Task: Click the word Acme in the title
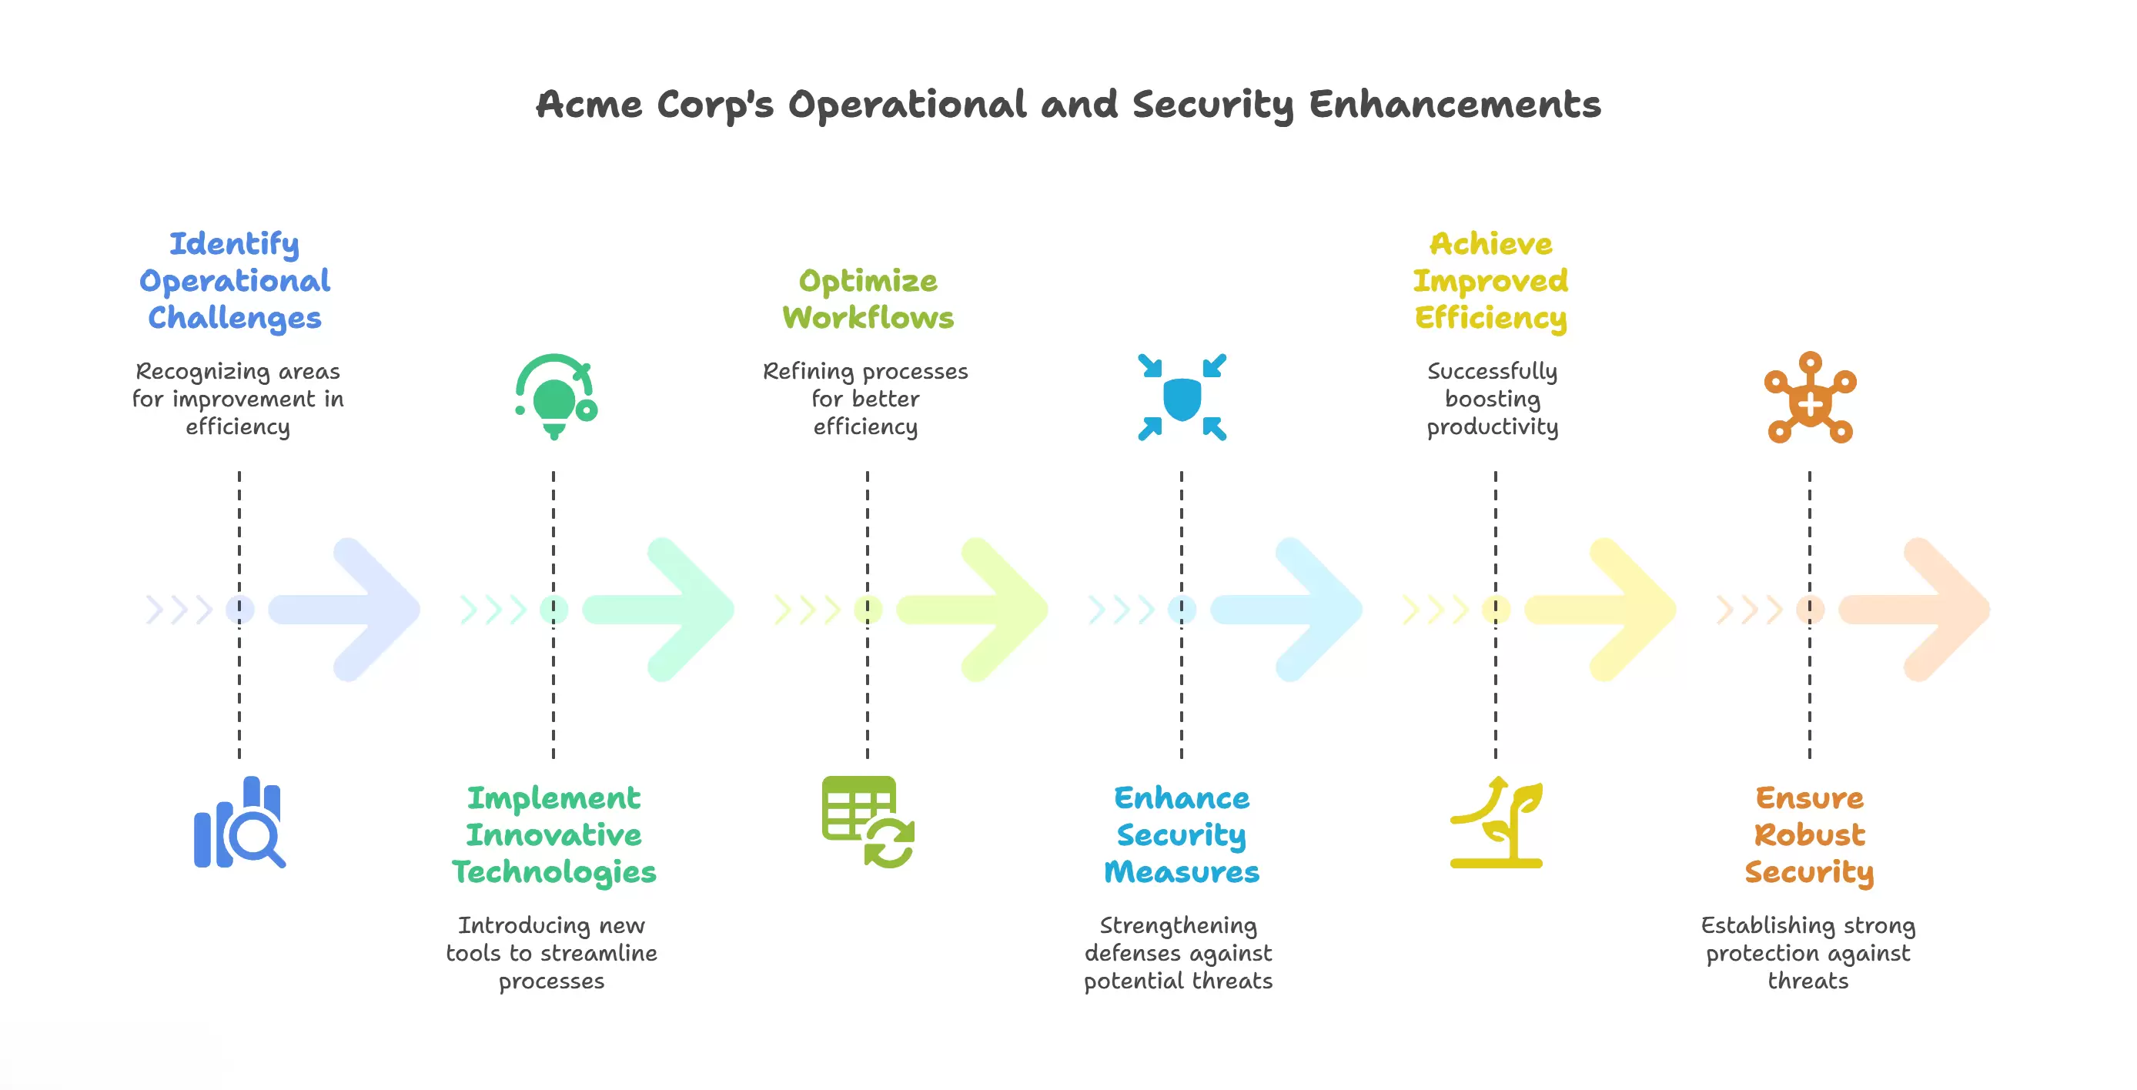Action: coord(589,105)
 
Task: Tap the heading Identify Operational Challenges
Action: coord(235,280)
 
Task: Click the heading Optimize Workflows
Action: coord(868,299)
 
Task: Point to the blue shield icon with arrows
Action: coord(1182,397)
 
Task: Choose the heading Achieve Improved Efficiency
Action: coord(1491,280)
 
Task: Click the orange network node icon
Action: coord(1809,398)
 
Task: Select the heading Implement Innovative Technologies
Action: coord(553,834)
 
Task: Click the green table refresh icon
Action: coord(868,822)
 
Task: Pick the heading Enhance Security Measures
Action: coord(1182,834)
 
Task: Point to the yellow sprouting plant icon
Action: coord(1496,822)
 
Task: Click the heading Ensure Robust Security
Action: coord(1809,834)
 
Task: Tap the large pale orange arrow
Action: coord(1916,610)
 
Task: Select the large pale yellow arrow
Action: coord(1601,610)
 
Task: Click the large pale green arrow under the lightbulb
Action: coord(660,610)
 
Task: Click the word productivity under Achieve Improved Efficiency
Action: coord(1493,427)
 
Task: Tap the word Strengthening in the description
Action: coord(1178,926)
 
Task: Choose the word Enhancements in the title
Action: coord(1454,105)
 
